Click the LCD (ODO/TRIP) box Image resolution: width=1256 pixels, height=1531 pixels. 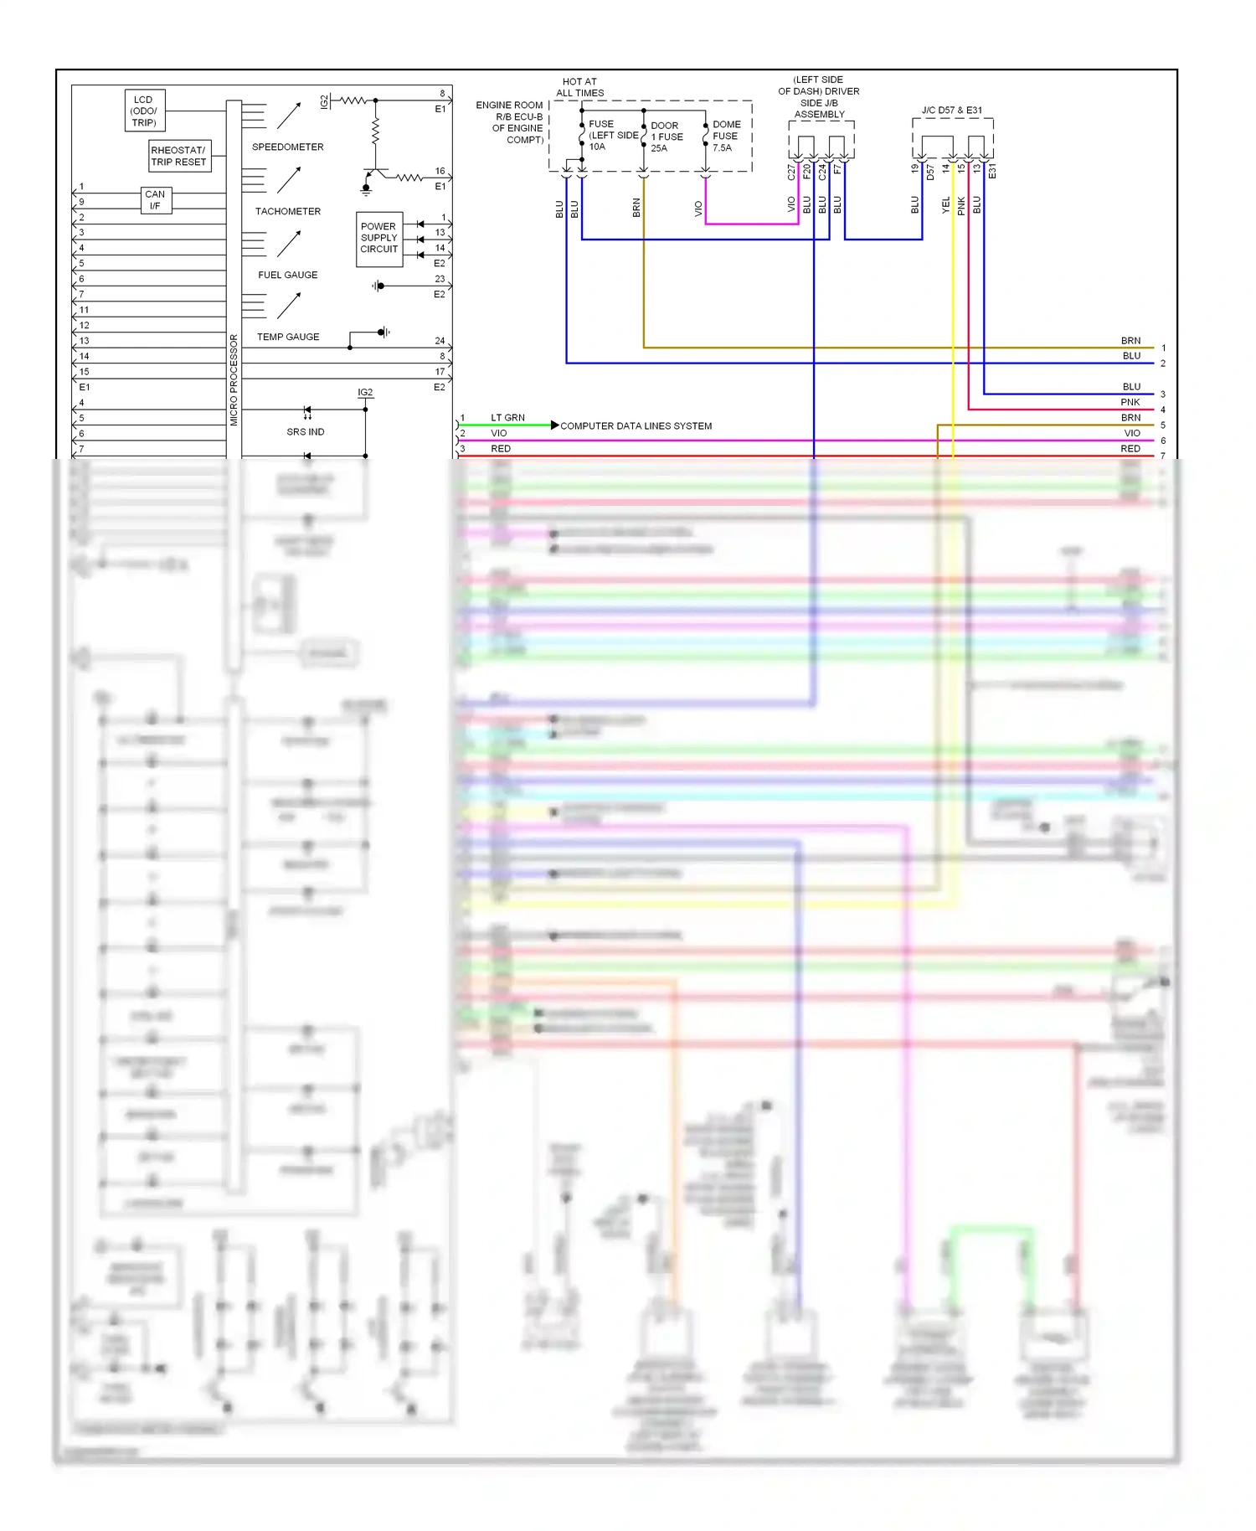click(x=144, y=111)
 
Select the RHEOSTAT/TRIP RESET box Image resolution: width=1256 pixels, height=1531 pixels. click(x=178, y=157)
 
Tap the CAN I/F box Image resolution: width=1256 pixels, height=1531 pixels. click(x=155, y=200)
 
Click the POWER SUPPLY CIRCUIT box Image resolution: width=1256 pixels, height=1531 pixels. click(x=379, y=239)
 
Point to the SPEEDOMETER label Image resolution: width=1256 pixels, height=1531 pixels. click(x=287, y=147)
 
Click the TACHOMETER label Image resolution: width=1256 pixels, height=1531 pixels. click(x=287, y=212)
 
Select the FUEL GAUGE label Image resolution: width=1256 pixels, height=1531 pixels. click(x=287, y=276)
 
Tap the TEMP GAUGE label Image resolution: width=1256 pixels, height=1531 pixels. click(x=287, y=338)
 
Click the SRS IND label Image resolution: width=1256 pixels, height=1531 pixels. click(x=305, y=432)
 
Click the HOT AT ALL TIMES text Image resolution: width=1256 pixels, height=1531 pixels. click(x=579, y=88)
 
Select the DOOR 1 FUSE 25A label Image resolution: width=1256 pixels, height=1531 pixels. click(x=667, y=137)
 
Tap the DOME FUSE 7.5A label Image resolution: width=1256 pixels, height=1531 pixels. click(x=725, y=137)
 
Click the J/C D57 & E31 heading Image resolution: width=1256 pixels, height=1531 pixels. click(x=951, y=111)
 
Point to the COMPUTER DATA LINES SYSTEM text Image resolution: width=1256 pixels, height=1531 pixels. click(x=636, y=426)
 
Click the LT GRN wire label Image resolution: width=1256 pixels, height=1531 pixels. click(x=507, y=418)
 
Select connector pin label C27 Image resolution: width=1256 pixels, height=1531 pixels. click(x=791, y=173)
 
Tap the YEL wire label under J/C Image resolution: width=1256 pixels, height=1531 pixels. click(x=946, y=205)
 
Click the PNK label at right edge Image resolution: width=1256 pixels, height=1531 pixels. click(x=1130, y=403)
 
